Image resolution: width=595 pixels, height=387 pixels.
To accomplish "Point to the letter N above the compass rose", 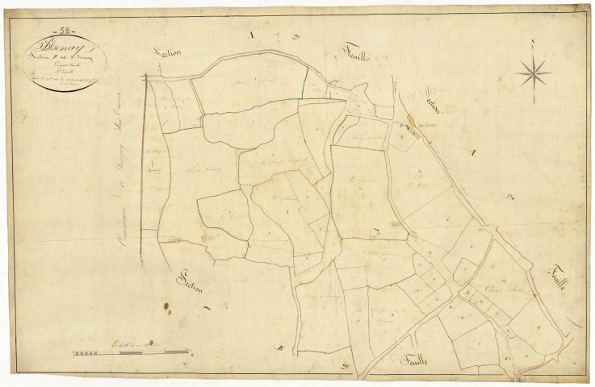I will pos(533,42).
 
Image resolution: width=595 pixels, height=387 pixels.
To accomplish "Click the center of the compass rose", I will pos(533,74).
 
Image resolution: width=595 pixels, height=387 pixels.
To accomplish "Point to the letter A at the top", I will pos(251,34).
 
